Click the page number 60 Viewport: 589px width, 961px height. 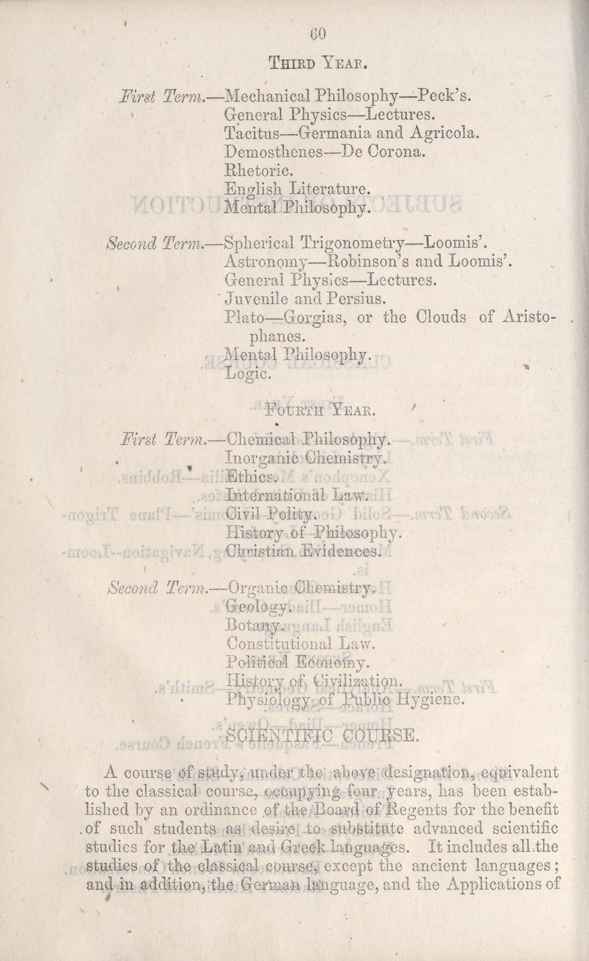pos(318,34)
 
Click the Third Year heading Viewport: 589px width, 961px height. pos(317,63)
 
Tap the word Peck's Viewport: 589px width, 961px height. pos(443,96)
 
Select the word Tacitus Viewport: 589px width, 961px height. pos(252,133)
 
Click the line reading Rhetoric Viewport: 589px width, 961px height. pos(258,171)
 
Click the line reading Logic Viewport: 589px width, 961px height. pos(248,374)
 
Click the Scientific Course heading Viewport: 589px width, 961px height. pos(322,735)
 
